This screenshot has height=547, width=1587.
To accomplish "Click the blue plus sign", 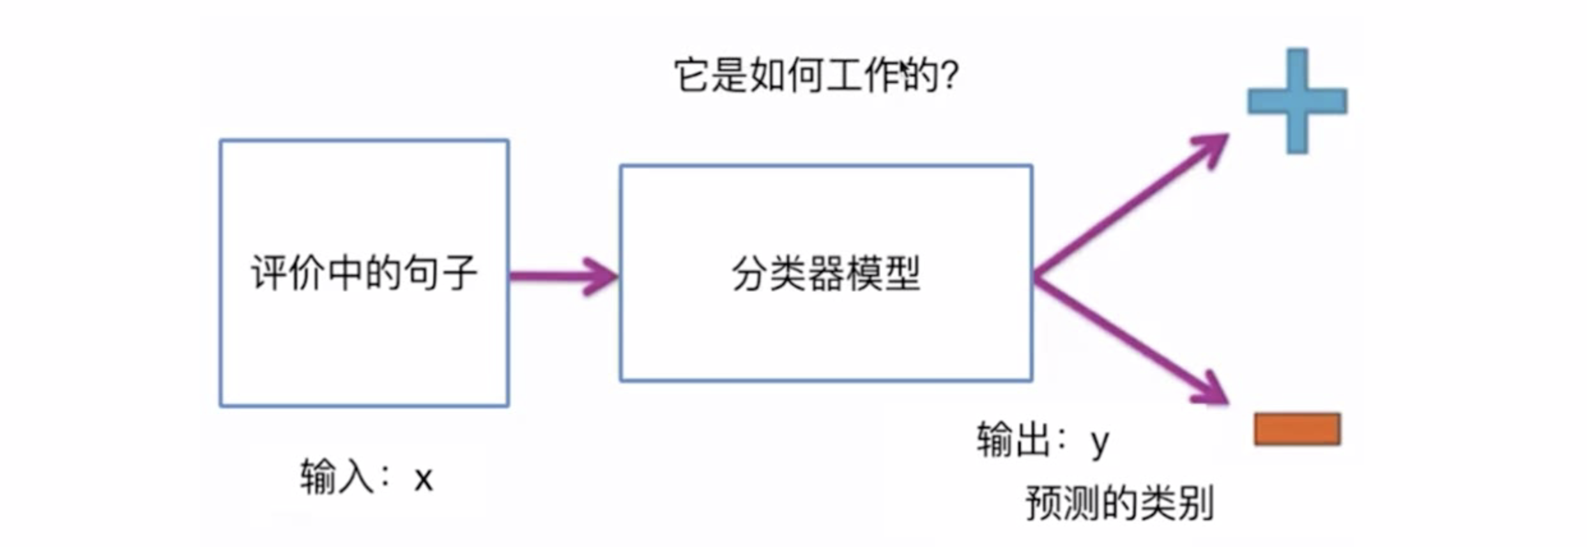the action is (1297, 101).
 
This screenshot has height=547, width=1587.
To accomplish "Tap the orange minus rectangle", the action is (1297, 429).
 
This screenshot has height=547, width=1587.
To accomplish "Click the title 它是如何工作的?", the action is (816, 75).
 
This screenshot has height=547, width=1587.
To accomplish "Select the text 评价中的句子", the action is (364, 273).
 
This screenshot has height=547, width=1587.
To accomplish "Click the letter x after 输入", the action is (423, 479).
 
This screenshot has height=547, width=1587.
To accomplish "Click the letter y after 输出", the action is (1100, 442).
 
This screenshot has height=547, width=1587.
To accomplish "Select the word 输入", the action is (337, 477).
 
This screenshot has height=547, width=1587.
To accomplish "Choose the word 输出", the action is (1013, 440).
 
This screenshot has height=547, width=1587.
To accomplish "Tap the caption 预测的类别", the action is (1119, 504).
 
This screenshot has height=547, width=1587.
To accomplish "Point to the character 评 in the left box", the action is (269, 273).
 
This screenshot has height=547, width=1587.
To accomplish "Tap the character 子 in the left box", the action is (459, 273).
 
